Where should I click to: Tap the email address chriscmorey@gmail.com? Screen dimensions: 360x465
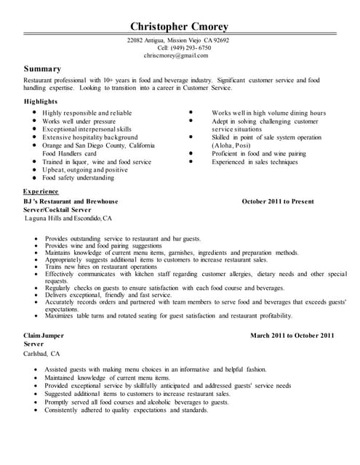(176, 55)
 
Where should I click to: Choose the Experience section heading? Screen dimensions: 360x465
(41, 190)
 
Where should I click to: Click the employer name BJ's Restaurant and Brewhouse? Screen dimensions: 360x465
(71, 201)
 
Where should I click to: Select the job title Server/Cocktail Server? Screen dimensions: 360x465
(57, 209)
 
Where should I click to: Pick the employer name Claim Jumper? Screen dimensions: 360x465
(44, 336)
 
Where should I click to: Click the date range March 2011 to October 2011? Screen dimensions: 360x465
(292, 336)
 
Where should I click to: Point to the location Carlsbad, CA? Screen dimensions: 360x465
(42, 353)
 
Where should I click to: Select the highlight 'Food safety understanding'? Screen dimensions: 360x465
(78, 177)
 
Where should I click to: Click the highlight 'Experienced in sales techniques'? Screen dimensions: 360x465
(255, 162)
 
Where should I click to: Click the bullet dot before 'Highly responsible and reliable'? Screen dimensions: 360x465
(34, 113)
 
